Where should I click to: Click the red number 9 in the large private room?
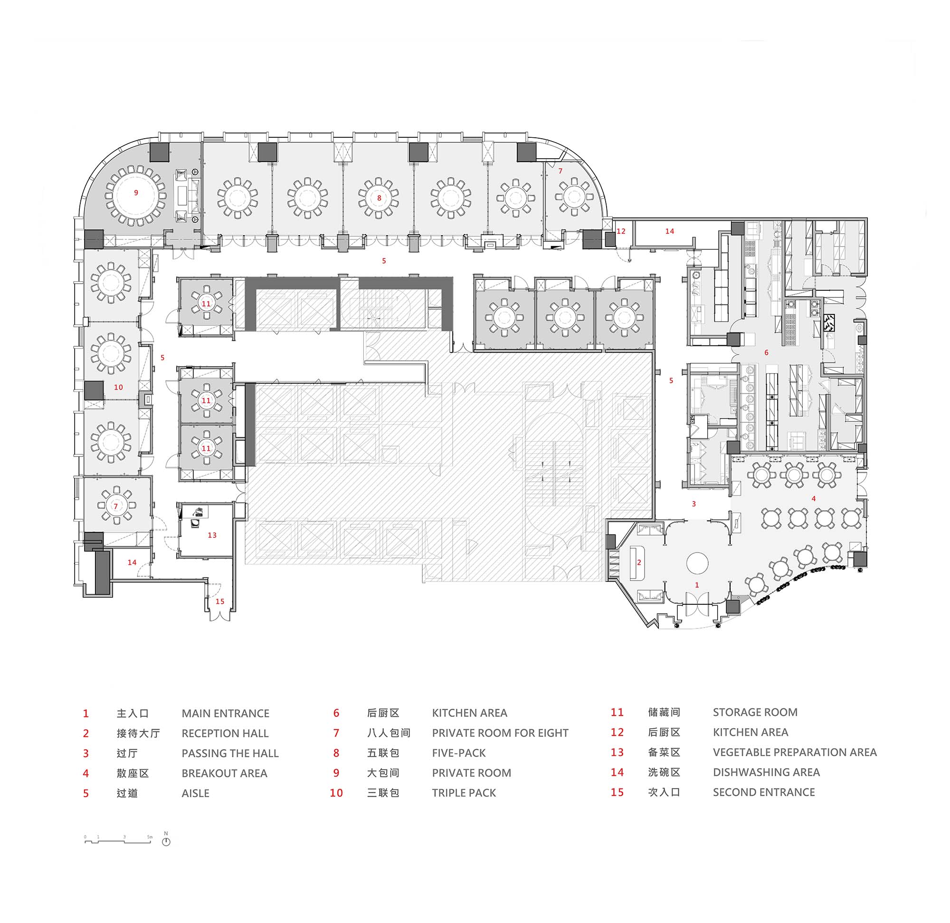tap(136, 192)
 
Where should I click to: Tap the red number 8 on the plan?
tap(379, 198)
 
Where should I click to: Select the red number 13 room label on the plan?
tap(212, 535)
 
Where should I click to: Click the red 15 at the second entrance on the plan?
tap(219, 601)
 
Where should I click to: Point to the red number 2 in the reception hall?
tap(639, 562)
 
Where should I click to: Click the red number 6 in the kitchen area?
tap(766, 352)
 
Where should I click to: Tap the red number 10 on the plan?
tap(118, 387)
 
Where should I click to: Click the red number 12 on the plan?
tap(621, 231)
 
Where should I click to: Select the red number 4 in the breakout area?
tap(813, 498)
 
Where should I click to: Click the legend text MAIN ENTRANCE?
tap(225, 714)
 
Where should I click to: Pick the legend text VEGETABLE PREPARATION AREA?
tap(794, 752)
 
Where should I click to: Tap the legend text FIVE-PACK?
tap(458, 753)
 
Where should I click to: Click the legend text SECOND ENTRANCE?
tap(763, 792)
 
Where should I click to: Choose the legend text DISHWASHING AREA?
tap(766, 772)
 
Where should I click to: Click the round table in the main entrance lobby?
tap(697, 563)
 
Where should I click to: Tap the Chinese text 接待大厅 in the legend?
tap(138, 733)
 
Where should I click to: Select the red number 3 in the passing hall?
tap(693, 504)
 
